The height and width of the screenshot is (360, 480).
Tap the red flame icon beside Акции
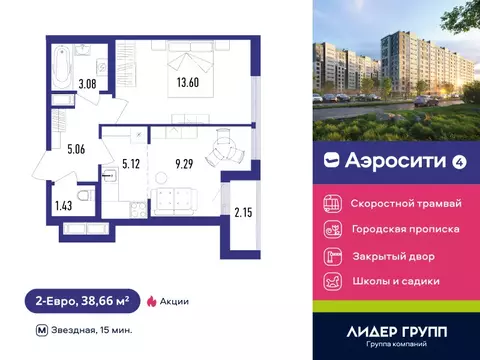[151, 300]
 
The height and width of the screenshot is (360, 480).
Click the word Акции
[173, 300]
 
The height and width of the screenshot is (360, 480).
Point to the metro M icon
[40, 329]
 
